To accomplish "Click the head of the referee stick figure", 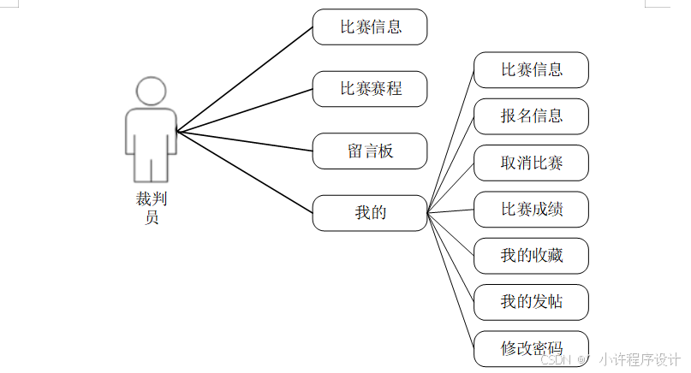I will click(x=151, y=92).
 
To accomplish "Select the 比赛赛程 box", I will click(x=370, y=88).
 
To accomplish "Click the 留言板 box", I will click(x=370, y=151).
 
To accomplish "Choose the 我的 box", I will click(x=370, y=213).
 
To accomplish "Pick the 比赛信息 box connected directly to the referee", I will click(x=370, y=27).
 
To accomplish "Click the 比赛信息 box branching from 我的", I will click(x=531, y=70).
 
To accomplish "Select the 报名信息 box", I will click(x=531, y=116).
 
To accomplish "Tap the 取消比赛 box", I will click(x=531, y=163).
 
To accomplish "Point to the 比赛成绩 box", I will click(x=531, y=209).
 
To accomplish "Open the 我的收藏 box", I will click(x=531, y=255).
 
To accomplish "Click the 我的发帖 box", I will click(x=531, y=301).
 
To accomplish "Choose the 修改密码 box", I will click(x=531, y=347).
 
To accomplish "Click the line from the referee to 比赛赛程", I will click(x=245, y=110).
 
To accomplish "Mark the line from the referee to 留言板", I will click(x=245, y=141).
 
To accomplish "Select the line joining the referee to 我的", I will click(x=245, y=173).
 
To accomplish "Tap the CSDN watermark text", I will click(x=557, y=360).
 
